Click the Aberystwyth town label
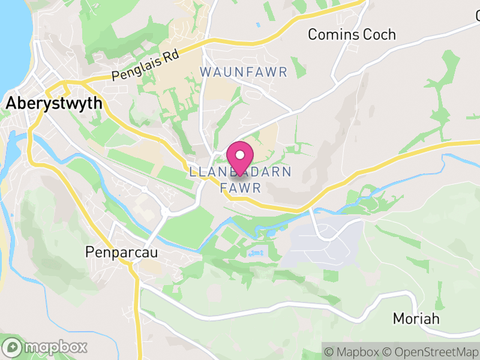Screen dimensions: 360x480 coord(54,103)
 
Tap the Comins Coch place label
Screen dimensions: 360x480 coord(352,34)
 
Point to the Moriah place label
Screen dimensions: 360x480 coord(416,318)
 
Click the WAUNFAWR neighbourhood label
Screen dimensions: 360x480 coord(244,72)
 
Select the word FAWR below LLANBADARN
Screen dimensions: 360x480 coord(241,188)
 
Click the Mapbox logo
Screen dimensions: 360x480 coord(45,347)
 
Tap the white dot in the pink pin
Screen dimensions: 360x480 coord(240,154)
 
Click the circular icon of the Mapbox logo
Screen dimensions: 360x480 coord(12,347)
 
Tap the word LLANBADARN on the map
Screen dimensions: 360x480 coord(240,172)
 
